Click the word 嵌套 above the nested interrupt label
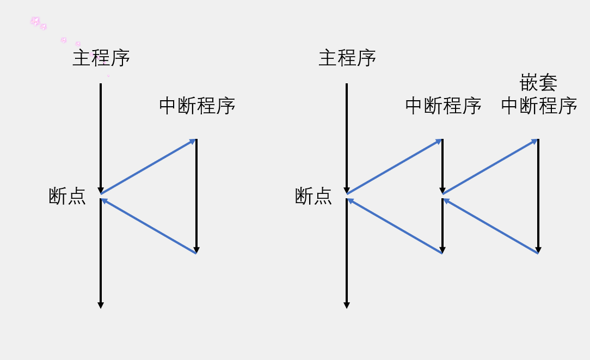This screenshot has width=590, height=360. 538,83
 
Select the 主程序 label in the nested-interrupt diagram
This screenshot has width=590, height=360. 347,58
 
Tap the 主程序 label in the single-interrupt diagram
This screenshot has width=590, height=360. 101,58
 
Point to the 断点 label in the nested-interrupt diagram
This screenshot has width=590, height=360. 314,196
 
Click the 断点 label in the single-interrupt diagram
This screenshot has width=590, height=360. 67,196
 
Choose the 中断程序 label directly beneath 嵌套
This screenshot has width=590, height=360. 539,106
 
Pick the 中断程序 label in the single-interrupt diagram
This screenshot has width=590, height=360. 197,106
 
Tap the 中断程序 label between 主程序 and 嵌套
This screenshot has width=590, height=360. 443,106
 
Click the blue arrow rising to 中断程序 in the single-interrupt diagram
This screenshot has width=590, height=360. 148,167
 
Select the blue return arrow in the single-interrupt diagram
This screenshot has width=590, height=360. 148,226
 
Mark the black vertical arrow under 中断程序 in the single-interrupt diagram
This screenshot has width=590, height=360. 196,196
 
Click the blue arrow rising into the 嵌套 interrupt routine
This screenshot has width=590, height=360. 490,167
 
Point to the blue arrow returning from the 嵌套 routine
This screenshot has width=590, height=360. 490,226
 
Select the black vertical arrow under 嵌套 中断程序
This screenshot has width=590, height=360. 538,196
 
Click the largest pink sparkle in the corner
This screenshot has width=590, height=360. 35,21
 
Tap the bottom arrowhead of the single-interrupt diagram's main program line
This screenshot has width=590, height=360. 101,306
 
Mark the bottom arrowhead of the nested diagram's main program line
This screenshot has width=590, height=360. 347,306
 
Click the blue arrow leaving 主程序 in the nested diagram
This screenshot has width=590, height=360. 394,167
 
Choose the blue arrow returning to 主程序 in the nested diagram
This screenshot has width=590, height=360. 394,226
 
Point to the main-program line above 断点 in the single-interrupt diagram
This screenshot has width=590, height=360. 101,136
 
